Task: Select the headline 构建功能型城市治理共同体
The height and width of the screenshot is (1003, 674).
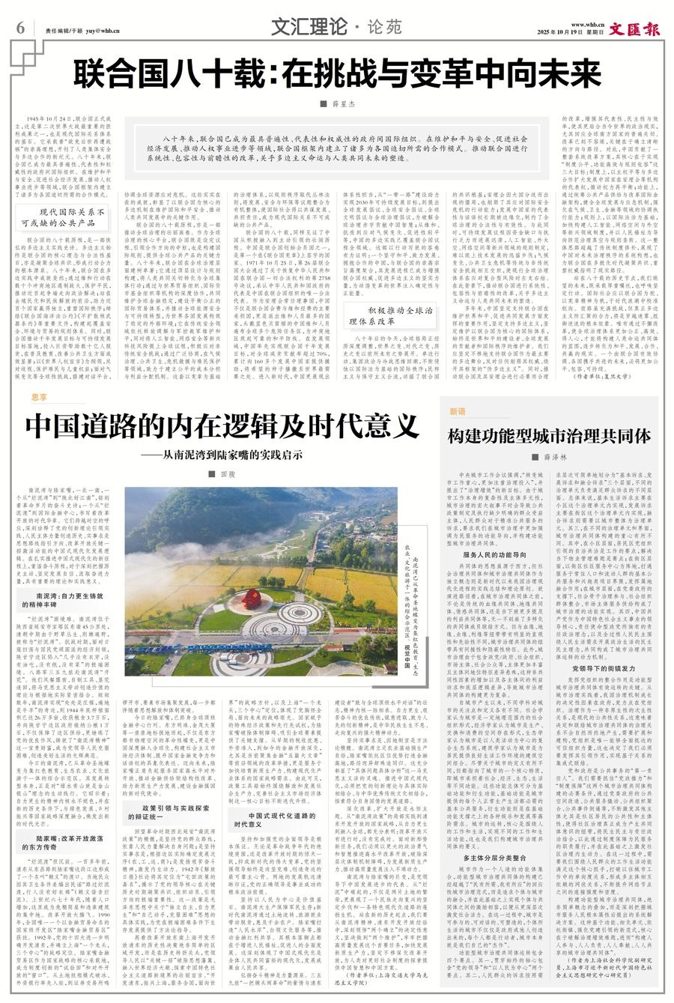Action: tap(549, 436)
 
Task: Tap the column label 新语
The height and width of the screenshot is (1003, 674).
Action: tap(457, 412)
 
